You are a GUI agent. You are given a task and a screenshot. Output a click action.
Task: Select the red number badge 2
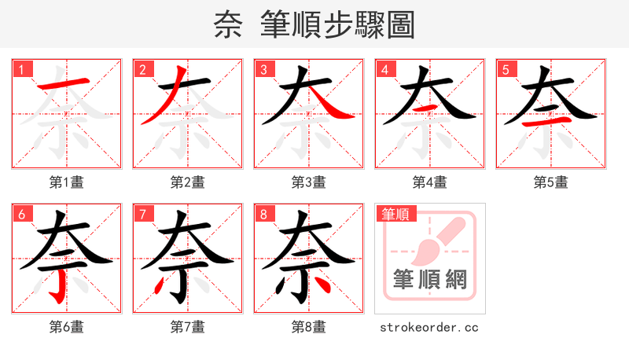coord(142,69)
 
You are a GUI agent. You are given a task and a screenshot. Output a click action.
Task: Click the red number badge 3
coord(263,69)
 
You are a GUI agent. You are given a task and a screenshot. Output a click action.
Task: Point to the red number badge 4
coord(384,69)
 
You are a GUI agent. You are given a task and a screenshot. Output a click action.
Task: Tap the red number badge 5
coord(506,69)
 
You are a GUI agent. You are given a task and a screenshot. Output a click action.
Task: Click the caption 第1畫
coord(67,182)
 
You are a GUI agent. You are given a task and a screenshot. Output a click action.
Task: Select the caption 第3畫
coord(309,182)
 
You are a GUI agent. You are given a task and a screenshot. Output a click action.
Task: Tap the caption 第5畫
coord(551,182)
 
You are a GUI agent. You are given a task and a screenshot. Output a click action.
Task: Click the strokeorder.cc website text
coord(429,327)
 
